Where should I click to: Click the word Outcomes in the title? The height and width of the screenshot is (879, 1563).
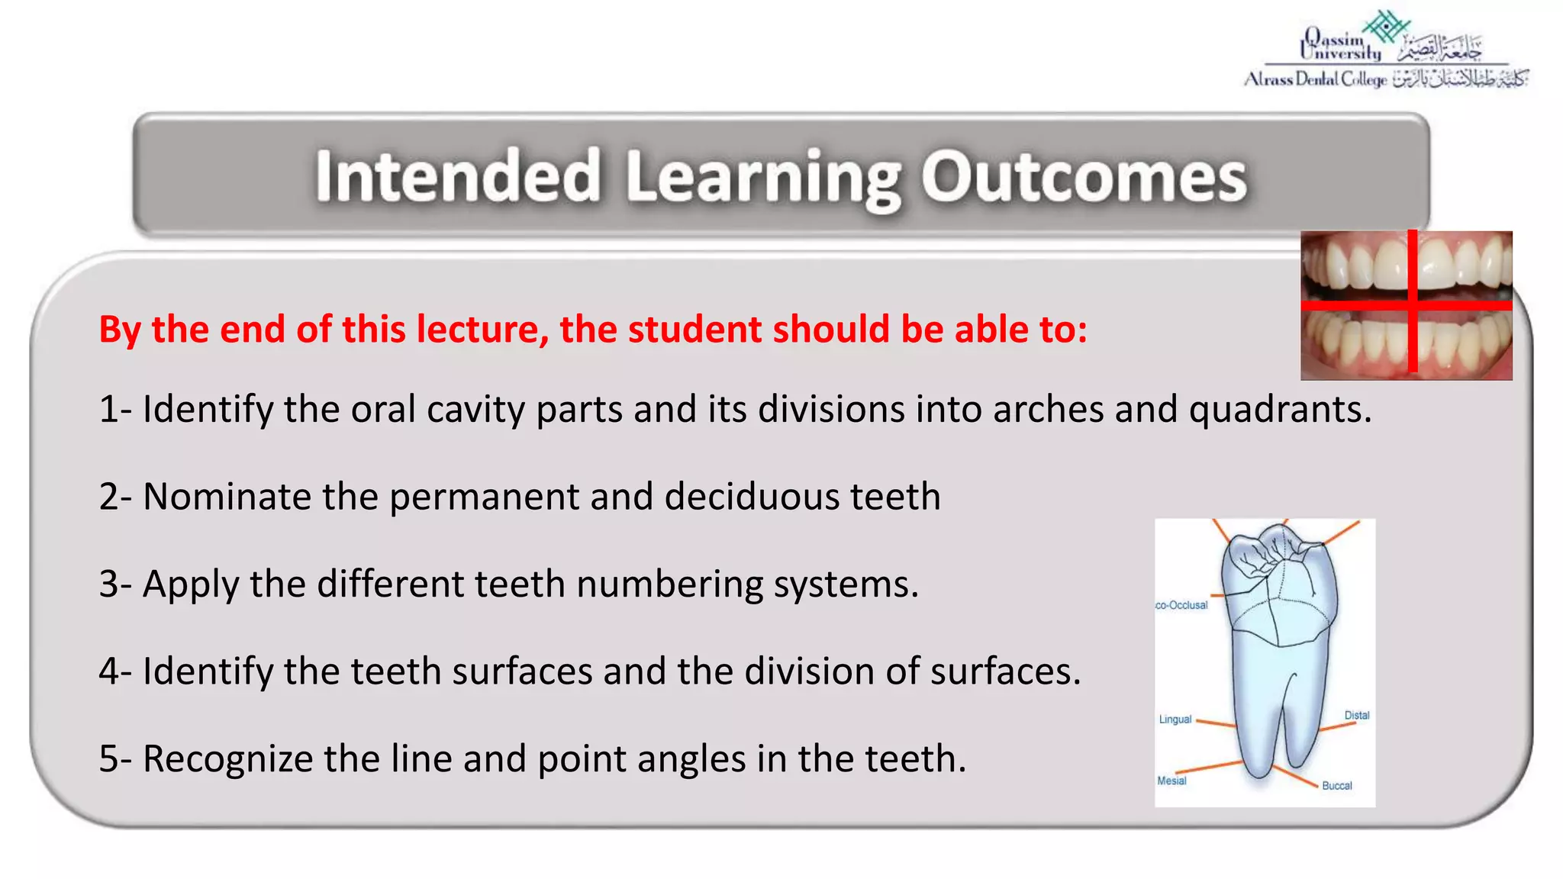point(1084,177)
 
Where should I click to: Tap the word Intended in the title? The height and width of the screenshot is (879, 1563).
point(458,177)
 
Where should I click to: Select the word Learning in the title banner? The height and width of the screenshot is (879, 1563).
point(763,179)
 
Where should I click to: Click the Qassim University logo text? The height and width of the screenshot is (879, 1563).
point(1341,46)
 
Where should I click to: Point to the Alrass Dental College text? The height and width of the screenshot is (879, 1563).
point(1315,79)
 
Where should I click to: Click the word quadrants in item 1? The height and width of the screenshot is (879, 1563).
point(1280,410)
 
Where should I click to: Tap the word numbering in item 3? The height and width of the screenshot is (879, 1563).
point(669,584)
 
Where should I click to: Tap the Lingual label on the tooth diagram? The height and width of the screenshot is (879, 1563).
point(1175,720)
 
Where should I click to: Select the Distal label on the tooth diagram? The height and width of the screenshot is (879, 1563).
point(1356,716)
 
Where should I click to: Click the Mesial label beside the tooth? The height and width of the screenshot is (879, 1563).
point(1171,781)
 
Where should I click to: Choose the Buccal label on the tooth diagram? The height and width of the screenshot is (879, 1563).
point(1336,786)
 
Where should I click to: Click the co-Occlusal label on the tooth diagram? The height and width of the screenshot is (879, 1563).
point(1181,606)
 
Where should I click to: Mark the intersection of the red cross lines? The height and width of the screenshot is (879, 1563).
point(1413,305)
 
